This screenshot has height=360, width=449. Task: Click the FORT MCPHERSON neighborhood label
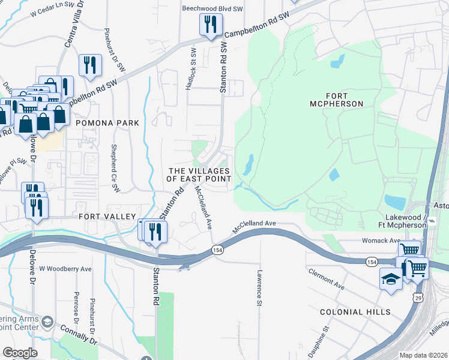coord(345,100)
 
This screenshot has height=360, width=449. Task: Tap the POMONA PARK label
coord(107,123)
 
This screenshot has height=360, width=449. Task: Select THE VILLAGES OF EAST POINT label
coord(199,175)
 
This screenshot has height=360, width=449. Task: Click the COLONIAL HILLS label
coord(355,312)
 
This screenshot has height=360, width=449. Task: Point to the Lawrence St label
coord(260,289)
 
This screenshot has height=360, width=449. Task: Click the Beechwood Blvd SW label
coord(212,8)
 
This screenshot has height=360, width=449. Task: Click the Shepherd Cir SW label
coord(112,163)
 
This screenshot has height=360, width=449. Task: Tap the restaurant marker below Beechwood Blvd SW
coord(211,25)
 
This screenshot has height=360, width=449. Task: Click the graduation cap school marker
coord(391,280)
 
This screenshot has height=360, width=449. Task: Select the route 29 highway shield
coord(418,298)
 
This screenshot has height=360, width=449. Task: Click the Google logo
coord(19,353)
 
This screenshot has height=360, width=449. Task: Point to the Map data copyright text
coord(423,355)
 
